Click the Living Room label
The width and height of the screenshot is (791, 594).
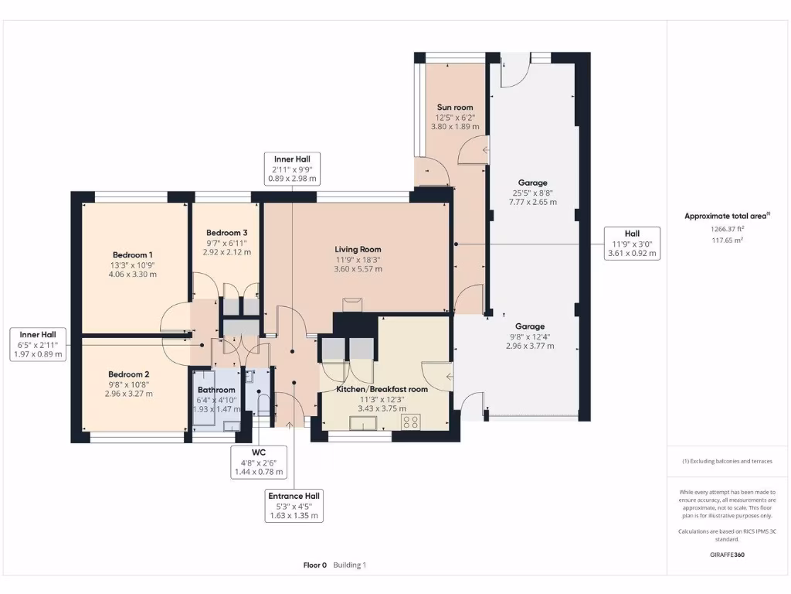coord(358,250)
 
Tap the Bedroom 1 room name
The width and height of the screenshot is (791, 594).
coord(133,255)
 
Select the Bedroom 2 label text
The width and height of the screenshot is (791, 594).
coord(129,374)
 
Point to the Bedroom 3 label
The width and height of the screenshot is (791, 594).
coord(226,233)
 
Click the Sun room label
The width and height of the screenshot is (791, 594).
coord(455,107)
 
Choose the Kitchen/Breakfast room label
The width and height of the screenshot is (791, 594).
coord(382,390)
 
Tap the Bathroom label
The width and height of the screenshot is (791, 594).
coord(216,390)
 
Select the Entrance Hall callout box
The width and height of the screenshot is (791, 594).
coord(294,506)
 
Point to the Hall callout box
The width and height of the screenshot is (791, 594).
coord(632,244)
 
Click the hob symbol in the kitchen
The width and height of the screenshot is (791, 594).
coord(411,422)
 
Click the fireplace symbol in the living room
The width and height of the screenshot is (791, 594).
coord(352,305)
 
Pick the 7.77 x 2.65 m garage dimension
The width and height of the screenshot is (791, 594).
coord(533,202)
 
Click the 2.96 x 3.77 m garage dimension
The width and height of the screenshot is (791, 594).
coord(530,346)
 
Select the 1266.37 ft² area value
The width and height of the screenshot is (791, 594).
coord(727,229)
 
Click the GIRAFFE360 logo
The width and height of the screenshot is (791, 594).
coord(727,555)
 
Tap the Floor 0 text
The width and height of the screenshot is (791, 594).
coord(315,565)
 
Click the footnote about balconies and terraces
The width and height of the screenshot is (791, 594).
coord(727,461)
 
